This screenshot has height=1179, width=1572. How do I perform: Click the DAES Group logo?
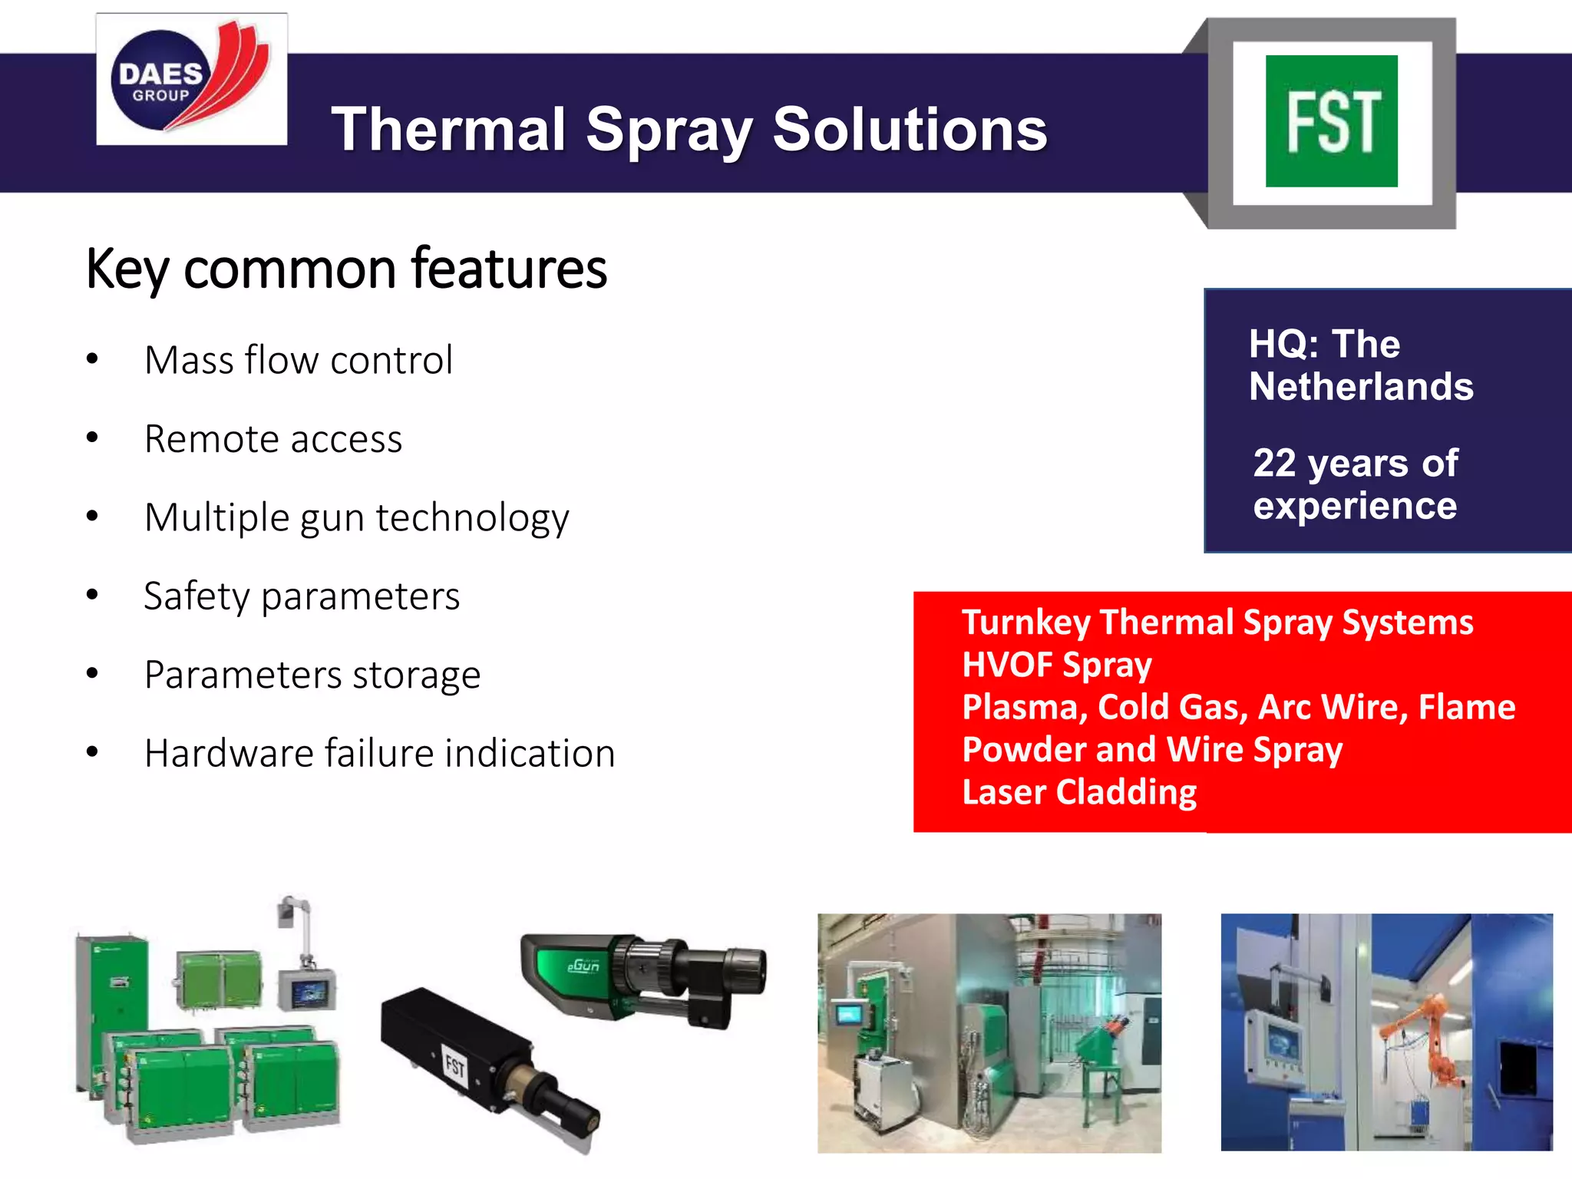[x=191, y=80]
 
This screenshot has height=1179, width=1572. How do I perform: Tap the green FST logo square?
[x=1331, y=121]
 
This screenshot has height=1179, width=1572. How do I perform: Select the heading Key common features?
[x=346, y=269]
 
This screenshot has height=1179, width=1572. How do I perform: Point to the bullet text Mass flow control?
[x=299, y=360]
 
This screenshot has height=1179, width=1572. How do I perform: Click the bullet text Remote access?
[x=273, y=439]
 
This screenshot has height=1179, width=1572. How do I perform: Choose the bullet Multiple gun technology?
[x=357, y=518]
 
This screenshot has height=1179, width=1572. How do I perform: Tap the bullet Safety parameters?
[x=302, y=596]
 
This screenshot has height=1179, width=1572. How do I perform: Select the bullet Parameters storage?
[x=312, y=675]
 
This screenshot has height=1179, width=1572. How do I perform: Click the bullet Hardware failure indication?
[x=380, y=753]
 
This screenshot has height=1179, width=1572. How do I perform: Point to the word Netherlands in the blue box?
[x=1361, y=386]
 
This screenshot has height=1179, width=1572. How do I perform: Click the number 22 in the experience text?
[x=1274, y=463]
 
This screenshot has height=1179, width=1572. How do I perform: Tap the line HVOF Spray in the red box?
[x=1057, y=665]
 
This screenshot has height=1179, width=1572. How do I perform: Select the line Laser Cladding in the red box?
[x=1079, y=792]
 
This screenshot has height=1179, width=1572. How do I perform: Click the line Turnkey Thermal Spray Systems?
[x=1217, y=623]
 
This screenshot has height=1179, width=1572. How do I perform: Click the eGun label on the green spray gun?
[x=583, y=966]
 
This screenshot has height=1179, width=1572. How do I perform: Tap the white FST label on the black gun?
[x=455, y=1066]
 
